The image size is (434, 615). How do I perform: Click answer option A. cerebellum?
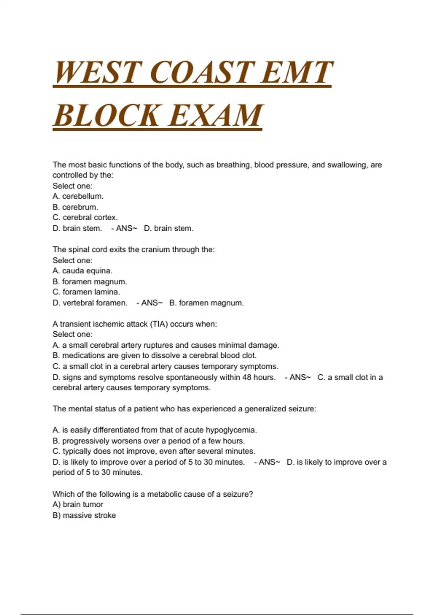78,196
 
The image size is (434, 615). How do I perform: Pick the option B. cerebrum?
75,207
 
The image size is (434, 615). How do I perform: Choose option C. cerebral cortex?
85,218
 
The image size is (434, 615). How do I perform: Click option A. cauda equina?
82,271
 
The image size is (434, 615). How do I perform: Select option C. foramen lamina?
86,292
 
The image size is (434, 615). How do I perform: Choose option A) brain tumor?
78,505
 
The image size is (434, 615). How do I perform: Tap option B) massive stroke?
84,516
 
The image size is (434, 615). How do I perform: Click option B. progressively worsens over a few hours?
149,441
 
